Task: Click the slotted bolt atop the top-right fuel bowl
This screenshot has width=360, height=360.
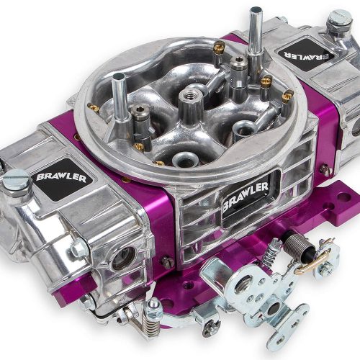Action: pyautogui.click(x=339, y=19)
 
